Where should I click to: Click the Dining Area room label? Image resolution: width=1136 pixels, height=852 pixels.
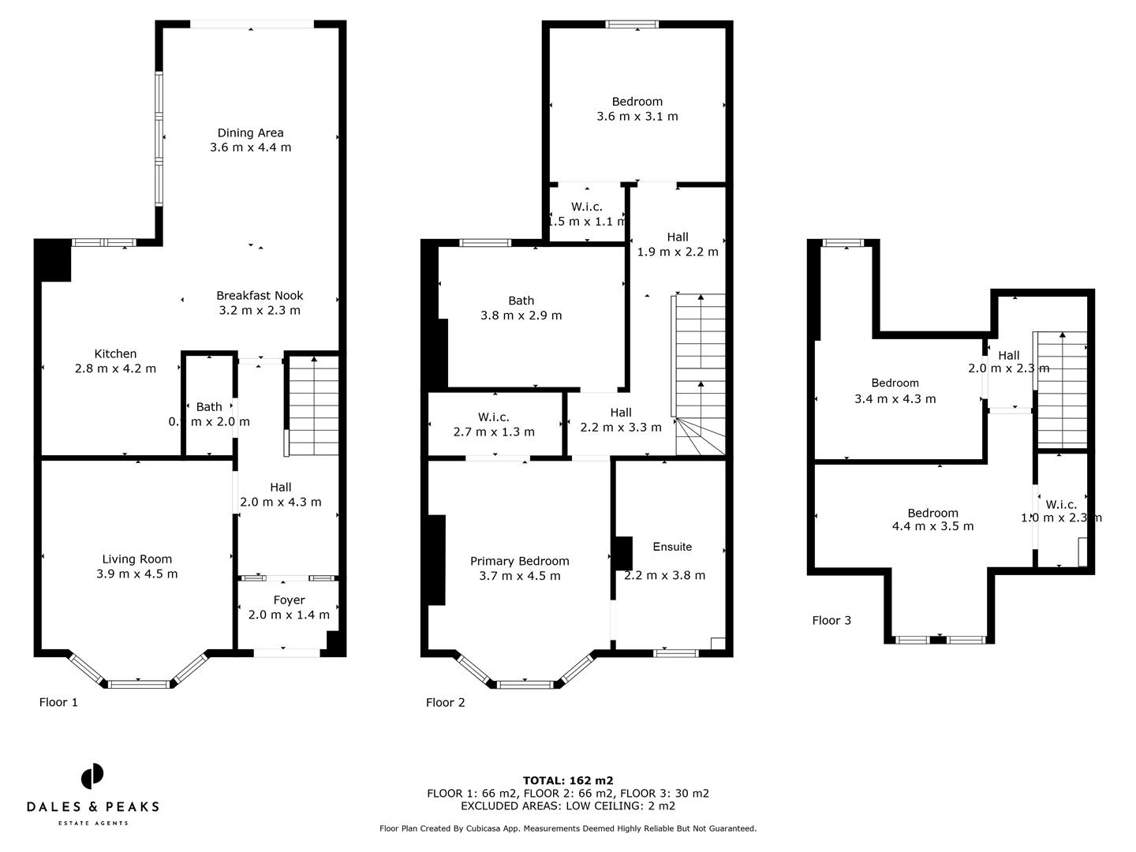[x=250, y=133]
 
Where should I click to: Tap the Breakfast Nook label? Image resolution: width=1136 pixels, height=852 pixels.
[x=260, y=295]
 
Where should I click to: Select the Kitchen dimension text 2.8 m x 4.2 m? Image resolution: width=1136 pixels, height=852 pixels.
[x=115, y=368]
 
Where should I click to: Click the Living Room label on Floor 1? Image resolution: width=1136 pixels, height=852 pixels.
[x=136, y=559]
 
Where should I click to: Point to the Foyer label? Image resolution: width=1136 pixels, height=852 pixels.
[x=289, y=600]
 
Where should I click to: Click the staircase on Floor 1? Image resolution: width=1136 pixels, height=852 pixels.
[x=314, y=406]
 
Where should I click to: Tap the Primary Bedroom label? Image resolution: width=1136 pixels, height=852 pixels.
[x=519, y=561]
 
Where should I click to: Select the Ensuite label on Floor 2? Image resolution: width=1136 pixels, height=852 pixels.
[x=672, y=547]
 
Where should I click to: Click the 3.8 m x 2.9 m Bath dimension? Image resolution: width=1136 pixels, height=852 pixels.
[x=521, y=316]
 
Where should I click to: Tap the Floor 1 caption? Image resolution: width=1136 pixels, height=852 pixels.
[x=58, y=702]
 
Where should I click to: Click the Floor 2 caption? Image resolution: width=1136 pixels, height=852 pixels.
[x=445, y=702]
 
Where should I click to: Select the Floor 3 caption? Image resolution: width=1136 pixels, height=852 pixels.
[x=831, y=620]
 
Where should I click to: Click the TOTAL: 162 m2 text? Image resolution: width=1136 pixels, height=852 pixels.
[x=568, y=781]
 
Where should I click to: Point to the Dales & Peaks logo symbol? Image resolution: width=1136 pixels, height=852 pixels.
[x=92, y=776]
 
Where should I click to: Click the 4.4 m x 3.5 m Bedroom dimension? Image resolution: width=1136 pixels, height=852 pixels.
[x=932, y=526]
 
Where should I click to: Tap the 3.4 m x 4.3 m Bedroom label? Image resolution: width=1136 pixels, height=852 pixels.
[x=895, y=383]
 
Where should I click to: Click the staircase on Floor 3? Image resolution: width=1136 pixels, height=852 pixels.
[x=1061, y=390]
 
